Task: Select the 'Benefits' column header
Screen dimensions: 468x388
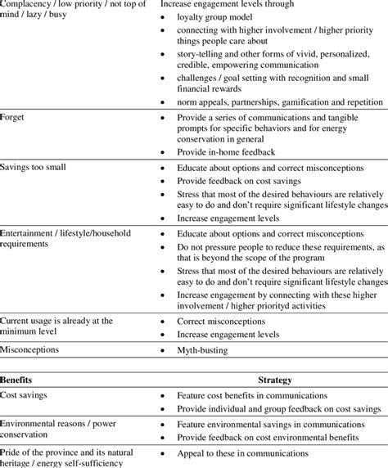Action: (x=18, y=380)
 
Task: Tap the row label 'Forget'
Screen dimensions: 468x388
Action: (x=15, y=117)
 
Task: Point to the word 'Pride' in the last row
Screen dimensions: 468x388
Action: (x=11, y=452)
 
